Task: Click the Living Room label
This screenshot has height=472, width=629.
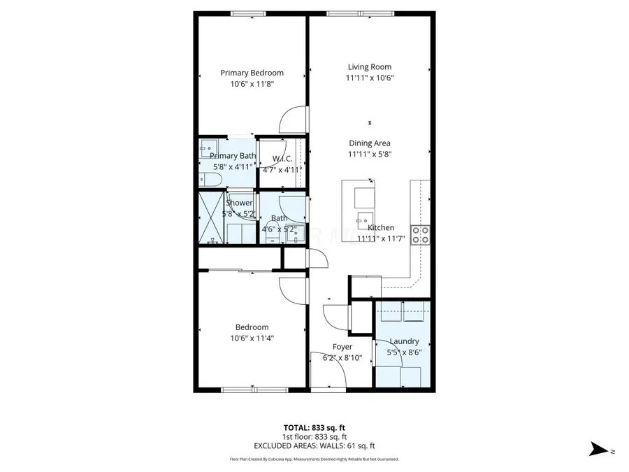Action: pyautogui.click(x=370, y=67)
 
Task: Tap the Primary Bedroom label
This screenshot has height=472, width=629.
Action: pyautogui.click(x=252, y=73)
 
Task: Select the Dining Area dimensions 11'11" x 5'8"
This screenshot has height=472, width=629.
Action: pyautogui.click(x=370, y=155)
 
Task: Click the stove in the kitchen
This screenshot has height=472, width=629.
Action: pyautogui.click(x=420, y=234)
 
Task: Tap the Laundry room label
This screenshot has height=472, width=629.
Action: pyautogui.click(x=404, y=341)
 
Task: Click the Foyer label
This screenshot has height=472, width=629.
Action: pyautogui.click(x=342, y=347)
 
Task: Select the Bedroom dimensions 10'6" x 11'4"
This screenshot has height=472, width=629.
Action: pyautogui.click(x=252, y=338)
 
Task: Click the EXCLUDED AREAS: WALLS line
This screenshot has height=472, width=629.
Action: pyautogui.click(x=314, y=445)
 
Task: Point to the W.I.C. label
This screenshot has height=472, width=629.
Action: pyautogui.click(x=282, y=159)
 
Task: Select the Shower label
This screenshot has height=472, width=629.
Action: pyautogui.click(x=239, y=203)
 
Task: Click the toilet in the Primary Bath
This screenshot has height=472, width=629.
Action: pyautogui.click(x=210, y=180)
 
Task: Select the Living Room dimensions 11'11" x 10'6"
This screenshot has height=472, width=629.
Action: pyautogui.click(x=370, y=78)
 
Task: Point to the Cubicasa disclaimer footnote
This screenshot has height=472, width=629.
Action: pyautogui.click(x=314, y=459)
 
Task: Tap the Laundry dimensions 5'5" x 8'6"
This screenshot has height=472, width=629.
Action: pyautogui.click(x=404, y=352)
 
